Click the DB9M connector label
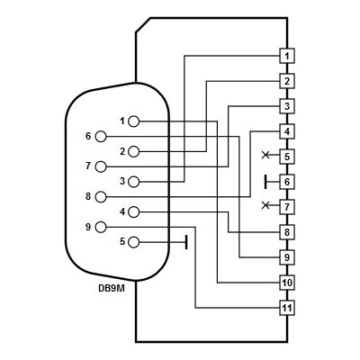112,289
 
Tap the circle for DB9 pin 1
133,121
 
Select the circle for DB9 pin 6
101,137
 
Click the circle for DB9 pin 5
133,242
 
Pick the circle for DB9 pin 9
101,227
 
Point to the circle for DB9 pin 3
133,182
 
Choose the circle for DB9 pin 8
101,197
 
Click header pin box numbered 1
287,56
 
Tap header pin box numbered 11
287,308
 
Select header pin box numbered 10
287,283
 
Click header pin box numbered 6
287,182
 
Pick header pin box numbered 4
287,131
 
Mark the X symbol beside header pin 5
265,155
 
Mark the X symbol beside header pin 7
265,205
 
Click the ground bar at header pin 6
265,182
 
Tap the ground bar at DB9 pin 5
186,242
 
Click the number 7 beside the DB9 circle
88,166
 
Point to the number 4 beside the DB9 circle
122,211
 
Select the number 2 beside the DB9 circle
122,151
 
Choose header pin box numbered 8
287,232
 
